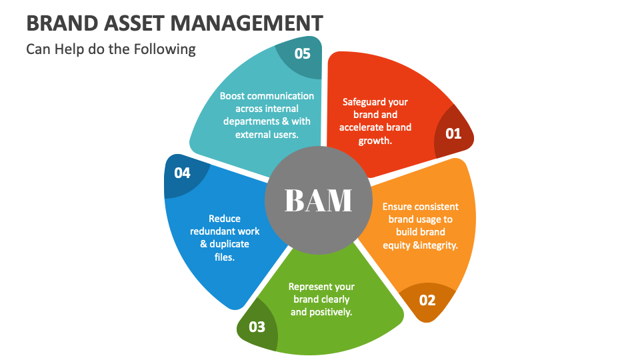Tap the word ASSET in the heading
[x=135, y=23]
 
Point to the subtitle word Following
[x=167, y=49]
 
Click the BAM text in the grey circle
[x=318, y=200]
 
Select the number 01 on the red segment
[x=453, y=133]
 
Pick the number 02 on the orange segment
[x=427, y=300]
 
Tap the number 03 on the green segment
[x=257, y=327]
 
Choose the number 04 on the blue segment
[x=182, y=173]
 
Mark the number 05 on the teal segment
[x=303, y=53]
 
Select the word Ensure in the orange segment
[x=396, y=207]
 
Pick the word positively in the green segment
[x=329, y=312]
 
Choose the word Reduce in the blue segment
[x=225, y=219]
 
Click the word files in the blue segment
[x=223, y=257]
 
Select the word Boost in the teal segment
[x=233, y=96]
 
